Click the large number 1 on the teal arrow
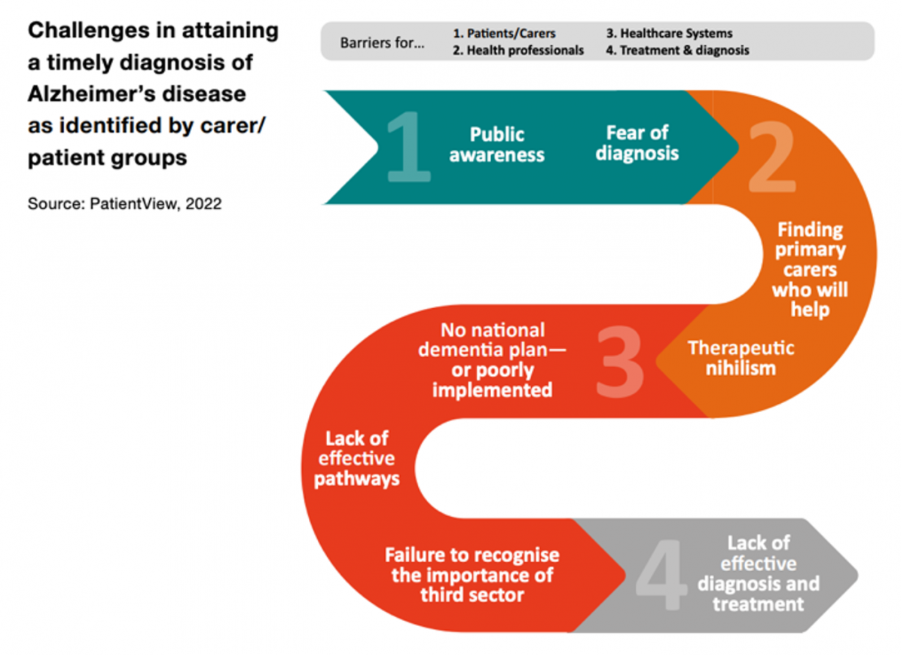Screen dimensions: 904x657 click(x=408, y=147)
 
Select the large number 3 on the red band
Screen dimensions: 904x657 click(x=620, y=362)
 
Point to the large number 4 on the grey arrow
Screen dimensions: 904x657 click(x=661, y=575)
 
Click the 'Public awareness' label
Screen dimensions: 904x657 click(x=496, y=145)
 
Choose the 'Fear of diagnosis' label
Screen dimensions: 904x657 click(x=637, y=143)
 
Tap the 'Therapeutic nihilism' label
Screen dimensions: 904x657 click(x=741, y=358)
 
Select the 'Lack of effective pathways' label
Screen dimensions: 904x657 click(x=357, y=458)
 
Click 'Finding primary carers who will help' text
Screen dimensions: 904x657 click(x=810, y=270)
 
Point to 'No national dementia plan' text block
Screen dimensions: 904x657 click(x=493, y=360)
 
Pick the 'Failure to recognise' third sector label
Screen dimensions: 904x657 click(x=472, y=575)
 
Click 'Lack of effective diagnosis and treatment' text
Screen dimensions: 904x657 click(x=759, y=573)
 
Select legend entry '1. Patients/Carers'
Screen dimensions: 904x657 click(x=504, y=33)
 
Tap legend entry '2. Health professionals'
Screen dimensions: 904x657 click(x=518, y=50)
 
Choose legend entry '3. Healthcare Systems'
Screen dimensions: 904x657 click(x=669, y=33)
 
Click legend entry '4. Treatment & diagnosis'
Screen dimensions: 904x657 click(x=677, y=50)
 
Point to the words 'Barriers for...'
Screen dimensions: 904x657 click(x=382, y=42)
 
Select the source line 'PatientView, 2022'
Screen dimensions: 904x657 click(x=155, y=203)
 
